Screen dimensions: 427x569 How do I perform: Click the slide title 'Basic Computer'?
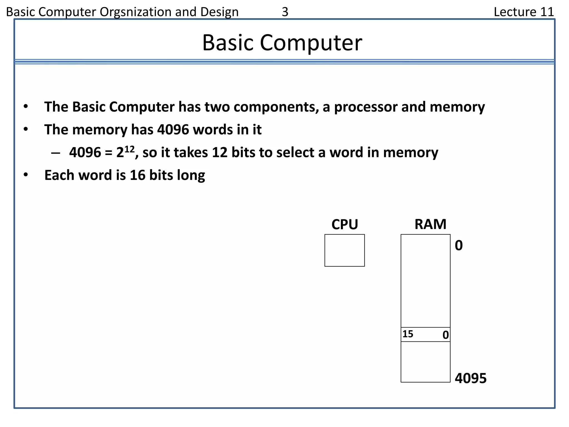point(282,43)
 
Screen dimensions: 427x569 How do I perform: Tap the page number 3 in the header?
point(285,12)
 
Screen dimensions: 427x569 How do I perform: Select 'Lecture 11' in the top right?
point(524,12)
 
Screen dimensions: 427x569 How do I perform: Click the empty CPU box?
point(345,250)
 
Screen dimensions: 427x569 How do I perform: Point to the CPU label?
point(345,224)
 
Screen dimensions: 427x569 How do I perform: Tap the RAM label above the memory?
point(430,224)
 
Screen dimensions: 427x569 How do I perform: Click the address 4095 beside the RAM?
point(471,378)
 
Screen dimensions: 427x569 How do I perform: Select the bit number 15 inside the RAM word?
point(408,334)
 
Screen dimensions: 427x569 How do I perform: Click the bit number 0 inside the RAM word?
point(445,335)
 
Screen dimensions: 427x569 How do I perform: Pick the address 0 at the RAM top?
point(459,245)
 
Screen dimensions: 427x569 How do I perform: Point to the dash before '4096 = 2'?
point(56,153)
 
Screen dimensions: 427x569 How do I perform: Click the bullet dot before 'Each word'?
point(26,175)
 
